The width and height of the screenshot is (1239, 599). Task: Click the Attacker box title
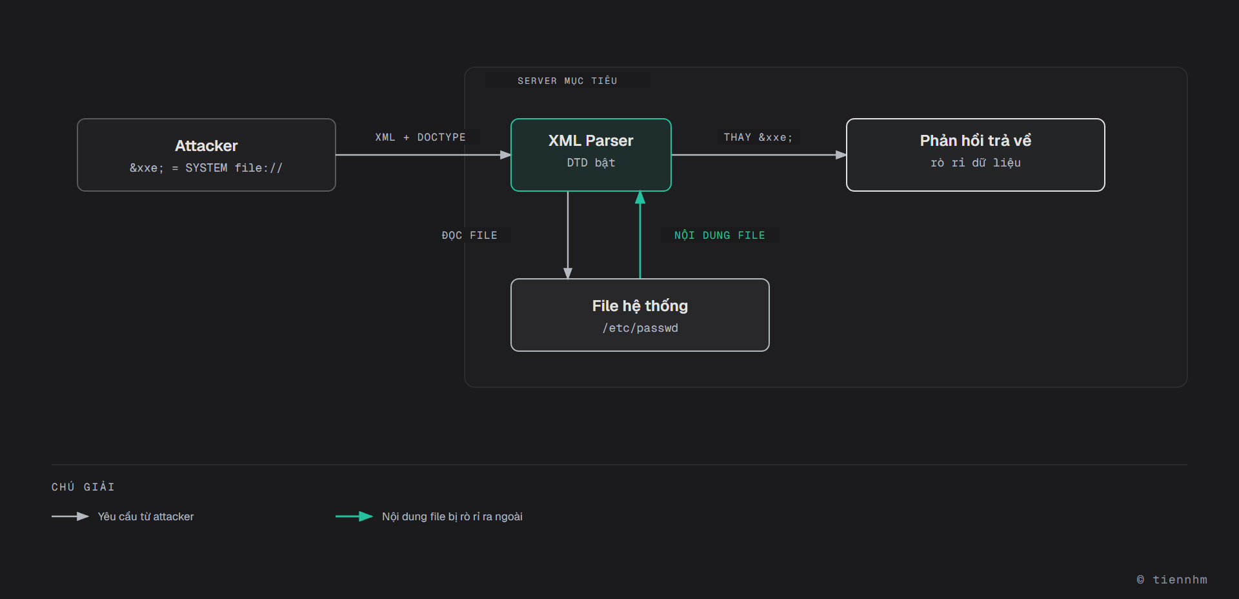[x=206, y=146]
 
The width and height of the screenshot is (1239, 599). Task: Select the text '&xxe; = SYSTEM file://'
[x=206, y=168]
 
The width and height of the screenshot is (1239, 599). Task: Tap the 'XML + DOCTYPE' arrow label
[x=420, y=137]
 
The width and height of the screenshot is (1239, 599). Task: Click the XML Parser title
[x=591, y=141]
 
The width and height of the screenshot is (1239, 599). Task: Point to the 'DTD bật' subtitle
[x=591, y=163]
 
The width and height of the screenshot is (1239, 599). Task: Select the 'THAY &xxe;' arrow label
[x=758, y=137]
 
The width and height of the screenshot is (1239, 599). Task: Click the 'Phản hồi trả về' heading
[x=976, y=141]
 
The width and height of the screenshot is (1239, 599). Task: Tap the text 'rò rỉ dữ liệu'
[x=976, y=163]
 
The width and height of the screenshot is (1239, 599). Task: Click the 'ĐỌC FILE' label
[x=470, y=236]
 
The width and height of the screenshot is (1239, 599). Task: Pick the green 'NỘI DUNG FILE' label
[x=720, y=236]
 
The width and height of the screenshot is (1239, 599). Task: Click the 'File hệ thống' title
[x=640, y=306]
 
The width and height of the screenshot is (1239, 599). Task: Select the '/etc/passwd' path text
[x=640, y=328]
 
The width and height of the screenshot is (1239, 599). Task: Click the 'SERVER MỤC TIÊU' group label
[x=567, y=81]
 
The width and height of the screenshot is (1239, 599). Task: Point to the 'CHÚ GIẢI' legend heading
[x=83, y=487]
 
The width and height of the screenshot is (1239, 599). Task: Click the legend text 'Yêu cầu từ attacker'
[x=146, y=516]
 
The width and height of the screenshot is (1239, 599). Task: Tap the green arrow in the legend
[x=354, y=516]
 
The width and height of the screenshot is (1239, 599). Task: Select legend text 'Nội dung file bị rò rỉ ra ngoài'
[x=452, y=516]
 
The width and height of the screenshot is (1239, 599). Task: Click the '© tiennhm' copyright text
[x=1172, y=580]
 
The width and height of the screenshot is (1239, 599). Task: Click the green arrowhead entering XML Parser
[x=640, y=198]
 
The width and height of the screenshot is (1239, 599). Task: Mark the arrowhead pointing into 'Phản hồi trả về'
[x=841, y=155]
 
